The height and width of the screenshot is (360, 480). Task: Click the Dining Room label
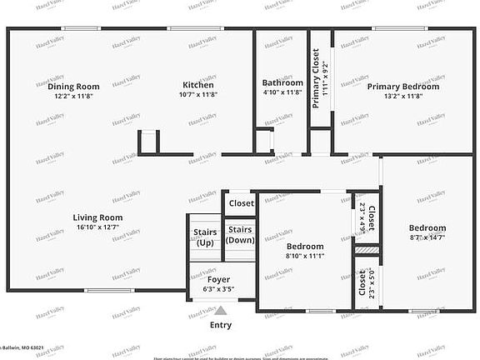(x=73, y=86)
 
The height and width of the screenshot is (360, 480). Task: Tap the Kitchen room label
(x=198, y=85)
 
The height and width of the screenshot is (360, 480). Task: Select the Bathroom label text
(x=282, y=82)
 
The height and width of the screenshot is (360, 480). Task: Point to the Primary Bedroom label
(x=403, y=86)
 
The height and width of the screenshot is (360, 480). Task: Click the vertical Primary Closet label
(x=316, y=78)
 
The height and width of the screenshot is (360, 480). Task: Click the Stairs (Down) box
(x=240, y=235)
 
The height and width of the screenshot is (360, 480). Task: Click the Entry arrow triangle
(x=221, y=310)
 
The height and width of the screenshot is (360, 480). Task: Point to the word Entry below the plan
(x=221, y=325)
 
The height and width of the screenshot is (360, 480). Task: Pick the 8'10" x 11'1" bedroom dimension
(x=305, y=257)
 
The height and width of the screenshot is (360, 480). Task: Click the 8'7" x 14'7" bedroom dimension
(x=427, y=237)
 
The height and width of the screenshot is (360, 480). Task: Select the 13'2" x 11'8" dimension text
(x=403, y=96)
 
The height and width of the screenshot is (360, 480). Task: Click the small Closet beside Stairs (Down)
(x=241, y=203)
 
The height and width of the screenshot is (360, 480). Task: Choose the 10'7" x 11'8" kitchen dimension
(x=198, y=95)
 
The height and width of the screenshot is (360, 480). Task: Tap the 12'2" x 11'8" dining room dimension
(x=73, y=96)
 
